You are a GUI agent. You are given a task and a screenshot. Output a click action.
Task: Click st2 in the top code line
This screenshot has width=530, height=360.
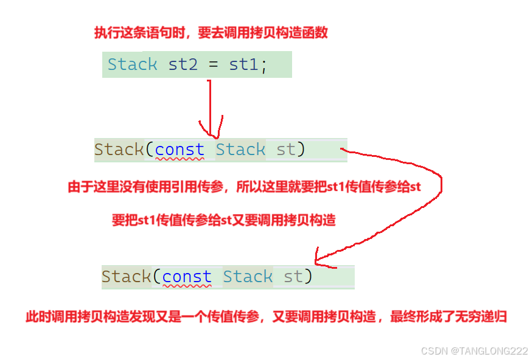[x=183, y=64]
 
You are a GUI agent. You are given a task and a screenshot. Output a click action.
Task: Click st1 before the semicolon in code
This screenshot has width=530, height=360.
[x=243, y=64]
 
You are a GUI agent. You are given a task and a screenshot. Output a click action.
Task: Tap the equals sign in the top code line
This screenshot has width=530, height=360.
[x=213, y=65]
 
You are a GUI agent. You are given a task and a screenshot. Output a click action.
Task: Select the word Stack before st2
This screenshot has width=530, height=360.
[x=132, y=64]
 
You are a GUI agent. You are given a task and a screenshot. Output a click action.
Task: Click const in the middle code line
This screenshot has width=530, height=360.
[x=180, y=150]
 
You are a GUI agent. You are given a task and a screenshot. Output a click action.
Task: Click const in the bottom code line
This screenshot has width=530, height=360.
[x=187, y=277]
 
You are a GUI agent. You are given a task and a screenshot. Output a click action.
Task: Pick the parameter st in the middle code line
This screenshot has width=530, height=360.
[x=286, y=150]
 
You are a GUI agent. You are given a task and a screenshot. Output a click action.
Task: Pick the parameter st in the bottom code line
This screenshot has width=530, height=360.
[x=293, y=277]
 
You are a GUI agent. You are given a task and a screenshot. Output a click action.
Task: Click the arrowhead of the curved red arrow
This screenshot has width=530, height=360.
[x=317, y=259]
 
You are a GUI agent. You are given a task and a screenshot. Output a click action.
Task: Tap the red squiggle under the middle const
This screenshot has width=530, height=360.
[x=180, y=159]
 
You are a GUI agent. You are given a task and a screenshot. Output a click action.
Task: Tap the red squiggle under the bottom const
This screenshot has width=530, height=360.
[x=187, y=286]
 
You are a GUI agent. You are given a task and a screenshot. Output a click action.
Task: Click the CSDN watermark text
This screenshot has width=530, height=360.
[x=433, y=351]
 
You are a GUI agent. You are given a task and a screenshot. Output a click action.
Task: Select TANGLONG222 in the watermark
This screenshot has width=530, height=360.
[x=493, y=351]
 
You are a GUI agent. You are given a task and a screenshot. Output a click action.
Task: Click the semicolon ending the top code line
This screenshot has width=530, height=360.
[x=263, y=66]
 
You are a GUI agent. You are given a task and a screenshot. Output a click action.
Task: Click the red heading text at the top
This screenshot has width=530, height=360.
[x=211, y=33]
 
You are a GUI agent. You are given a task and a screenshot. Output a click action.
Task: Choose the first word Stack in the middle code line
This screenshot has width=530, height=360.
[x=119, y=150]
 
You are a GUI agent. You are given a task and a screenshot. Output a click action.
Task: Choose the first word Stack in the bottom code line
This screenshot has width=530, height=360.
[x=126, y=277]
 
